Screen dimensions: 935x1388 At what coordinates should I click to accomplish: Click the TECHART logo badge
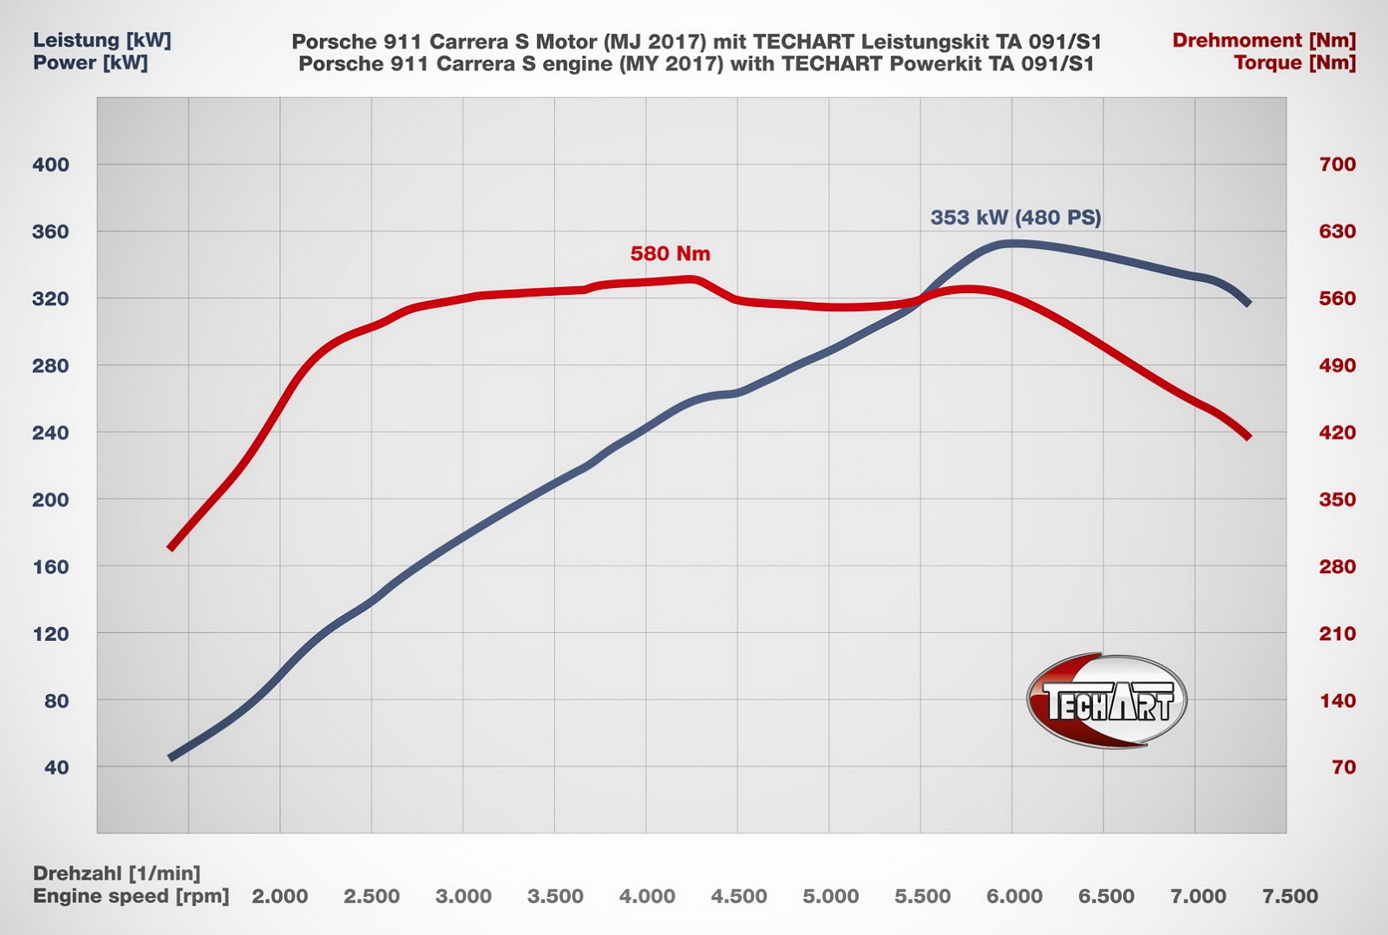pyautogui.click(x=1106, y=701)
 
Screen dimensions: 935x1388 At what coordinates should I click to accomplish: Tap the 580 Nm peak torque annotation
pyautogui.click(x=670, y=254)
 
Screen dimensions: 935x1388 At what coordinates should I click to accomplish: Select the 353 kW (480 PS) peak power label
pyautogui.click(x=1015, y=218)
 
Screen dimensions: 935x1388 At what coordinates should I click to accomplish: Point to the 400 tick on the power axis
pyautogui.click(x=50, y=165)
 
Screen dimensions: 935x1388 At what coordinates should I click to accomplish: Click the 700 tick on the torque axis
pyautogui.click(x=1337, y=165)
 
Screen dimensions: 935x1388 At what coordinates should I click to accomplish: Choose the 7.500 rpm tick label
pyautogui.click(x=1290, y=897)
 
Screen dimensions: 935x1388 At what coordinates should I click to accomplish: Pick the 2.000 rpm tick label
pyautogui.click(x=279, y=897)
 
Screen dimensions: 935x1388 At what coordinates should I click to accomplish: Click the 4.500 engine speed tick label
pyautogui.click(x=738, y=897)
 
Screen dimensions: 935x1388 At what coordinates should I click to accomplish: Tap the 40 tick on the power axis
pyautogui.click(x=56, y=768)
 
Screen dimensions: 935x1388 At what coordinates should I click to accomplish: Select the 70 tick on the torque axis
pyautogui.click(x=1343, y=768)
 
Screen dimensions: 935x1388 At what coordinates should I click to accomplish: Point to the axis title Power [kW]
pyautogui.click(x=90, y=63)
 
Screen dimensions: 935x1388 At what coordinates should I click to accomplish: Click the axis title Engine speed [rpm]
pyautogui.click(x=131, y=896)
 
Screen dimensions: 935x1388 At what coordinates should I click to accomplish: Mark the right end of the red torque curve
pyautogui.click(x=1248, y=436)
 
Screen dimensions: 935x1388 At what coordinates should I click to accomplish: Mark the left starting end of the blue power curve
pyautogui.click(x=171, y=757)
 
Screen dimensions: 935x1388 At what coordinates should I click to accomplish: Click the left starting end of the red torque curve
pyautogui.click(x=171, y=547)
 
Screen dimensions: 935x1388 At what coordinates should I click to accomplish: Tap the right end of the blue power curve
pyautogui.click(x=1248, y=304)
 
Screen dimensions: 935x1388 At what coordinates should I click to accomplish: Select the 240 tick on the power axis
pyautogui.click(x=50, y=433)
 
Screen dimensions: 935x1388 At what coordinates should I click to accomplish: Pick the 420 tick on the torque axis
pyautogui.click(x=1337, y=433)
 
